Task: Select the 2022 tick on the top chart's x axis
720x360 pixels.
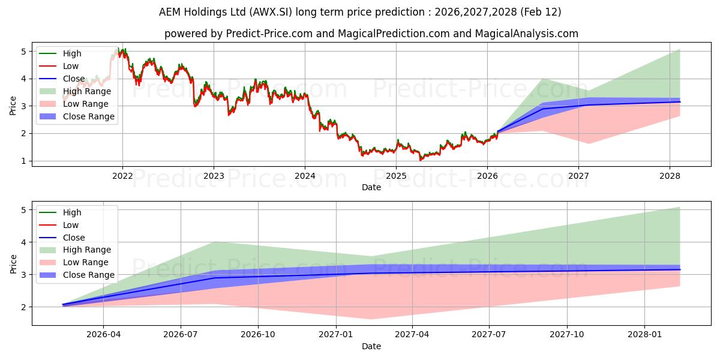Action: [x=122, y=176]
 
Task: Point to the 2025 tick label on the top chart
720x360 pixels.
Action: [x=396, y=176]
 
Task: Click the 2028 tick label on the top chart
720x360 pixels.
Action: [x=670, y=176]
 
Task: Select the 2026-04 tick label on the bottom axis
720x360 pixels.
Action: [x=104, y=335]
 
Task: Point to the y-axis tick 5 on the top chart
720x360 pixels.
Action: [x=25, y=52]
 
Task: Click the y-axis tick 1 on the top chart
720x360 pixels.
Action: [x=25, y=161]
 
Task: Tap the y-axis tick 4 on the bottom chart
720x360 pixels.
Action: [x=25, y=242]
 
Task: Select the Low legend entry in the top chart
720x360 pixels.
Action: [x=70, y=66]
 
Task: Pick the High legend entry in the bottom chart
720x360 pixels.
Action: [x=71, y=212]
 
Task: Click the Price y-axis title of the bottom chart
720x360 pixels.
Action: [x=13, y=263]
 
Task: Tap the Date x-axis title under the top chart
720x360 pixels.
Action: [x=371, y=187]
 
